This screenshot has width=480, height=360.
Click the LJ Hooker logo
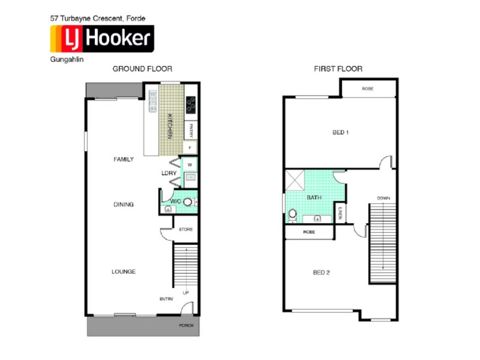click(101, 40)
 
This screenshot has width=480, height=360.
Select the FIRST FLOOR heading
click(338, 69)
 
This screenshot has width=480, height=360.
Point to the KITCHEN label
click(170, 126)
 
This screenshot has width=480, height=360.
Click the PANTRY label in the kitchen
click(190, 130)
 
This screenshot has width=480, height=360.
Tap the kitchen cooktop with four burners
click(191, 105)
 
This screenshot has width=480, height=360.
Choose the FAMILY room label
click(124, 160)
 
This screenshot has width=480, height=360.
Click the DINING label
click(124, 205)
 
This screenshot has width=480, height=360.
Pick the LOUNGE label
click(124, 272)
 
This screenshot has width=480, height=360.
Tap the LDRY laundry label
click(169, 173)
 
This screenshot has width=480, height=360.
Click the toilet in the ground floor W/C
click(188, 202)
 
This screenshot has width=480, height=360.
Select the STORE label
click(185, 230)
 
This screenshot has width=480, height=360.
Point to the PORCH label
click(187, 326)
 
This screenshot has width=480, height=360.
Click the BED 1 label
click(340, 133)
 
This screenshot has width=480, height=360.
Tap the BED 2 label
click(322, 272)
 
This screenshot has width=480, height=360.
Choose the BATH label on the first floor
click(314, 197)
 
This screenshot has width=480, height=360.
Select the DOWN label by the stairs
click(384, 198)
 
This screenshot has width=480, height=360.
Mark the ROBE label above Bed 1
click(368, 89)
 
